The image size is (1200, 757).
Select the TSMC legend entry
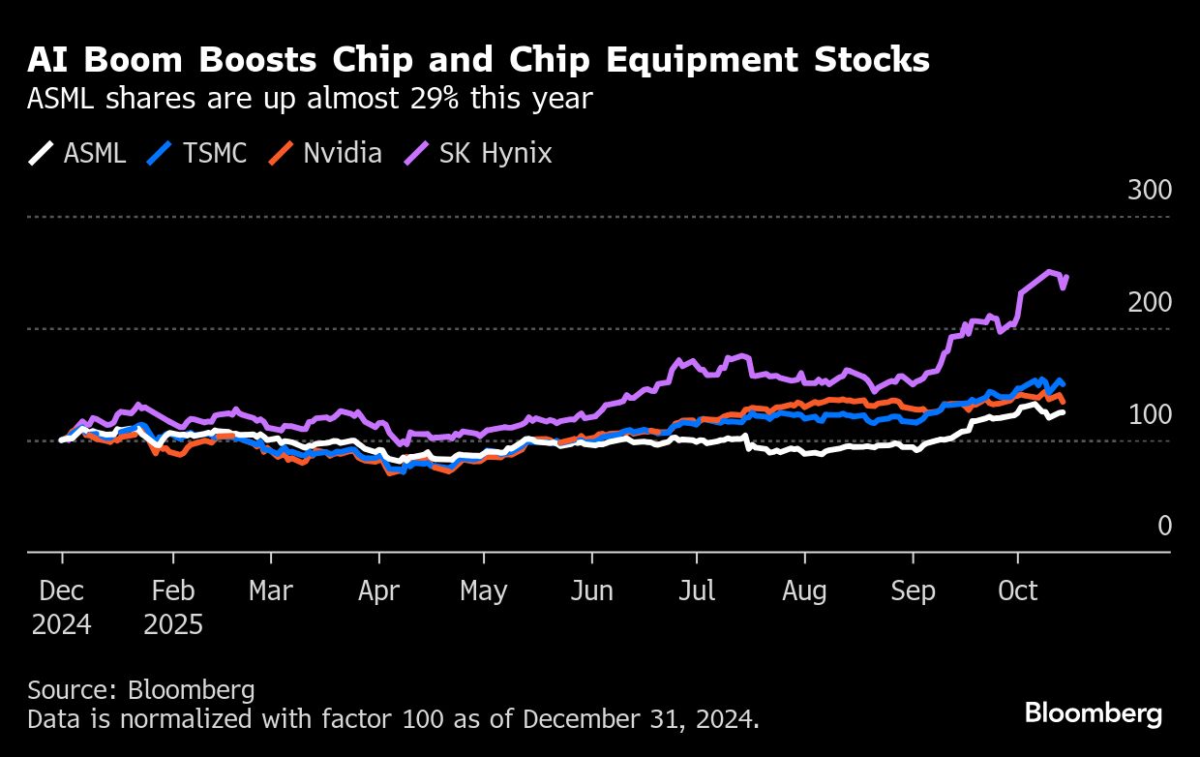pyautogui.click(x=198, y=153)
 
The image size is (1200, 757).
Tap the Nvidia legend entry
pyautogui.click(x=325, y=153)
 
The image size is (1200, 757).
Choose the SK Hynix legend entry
pyautogui.click(x=478, y=153)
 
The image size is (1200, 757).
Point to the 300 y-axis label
pyautogui.click(x=1150, y=191)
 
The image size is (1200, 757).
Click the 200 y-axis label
pyautogui.click(x=1150, y=303)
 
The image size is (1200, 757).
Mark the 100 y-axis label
pyautogui.click(x=1150, y=415)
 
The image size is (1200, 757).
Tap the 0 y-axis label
pyautogui.click(x=1164, y=526)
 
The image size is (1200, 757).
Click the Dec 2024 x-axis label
pyautogui.click(x=62, y=607)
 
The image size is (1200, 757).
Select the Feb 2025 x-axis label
pyautogui.click(x=173, y=607)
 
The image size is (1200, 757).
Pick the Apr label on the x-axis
pyautogui.click(x=378, y=591)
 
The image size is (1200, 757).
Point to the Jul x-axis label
pyautogui.click(x=696, y=591)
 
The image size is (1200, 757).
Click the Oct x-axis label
pyautogui.click(x=1017, y=591)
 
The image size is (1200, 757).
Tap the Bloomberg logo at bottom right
pyautogui.click(x=1094, y=714)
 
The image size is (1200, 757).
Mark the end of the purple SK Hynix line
pyautogui.click(x=1065, y=277)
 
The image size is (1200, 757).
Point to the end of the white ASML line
pyautogui.click(x=1065, y=412)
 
